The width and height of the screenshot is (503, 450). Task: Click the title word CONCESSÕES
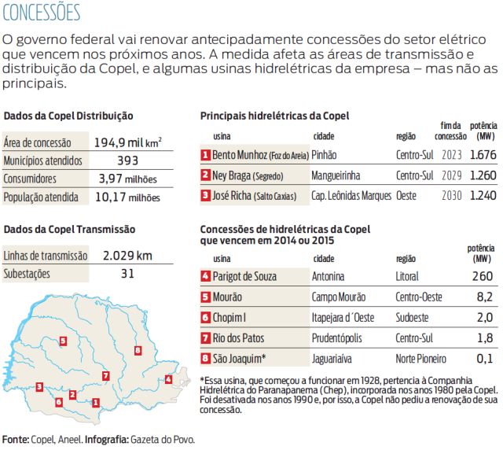coord(42,13)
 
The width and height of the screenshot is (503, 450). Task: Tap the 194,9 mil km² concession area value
coord(127,142)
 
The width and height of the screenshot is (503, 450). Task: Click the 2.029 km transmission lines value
coord(127,256)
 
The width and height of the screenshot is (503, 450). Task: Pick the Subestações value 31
coord(127,274)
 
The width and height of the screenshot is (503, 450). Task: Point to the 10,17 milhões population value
coord(127,197)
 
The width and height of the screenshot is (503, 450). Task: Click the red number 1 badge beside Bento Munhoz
coord(206,155)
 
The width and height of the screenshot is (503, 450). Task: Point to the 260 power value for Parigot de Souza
coord(482,277)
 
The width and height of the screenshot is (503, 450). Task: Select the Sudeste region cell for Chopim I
coord(413,318)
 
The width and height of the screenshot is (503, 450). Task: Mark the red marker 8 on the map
coord(138,349)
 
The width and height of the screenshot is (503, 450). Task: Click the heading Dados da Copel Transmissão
coord(69,230)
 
